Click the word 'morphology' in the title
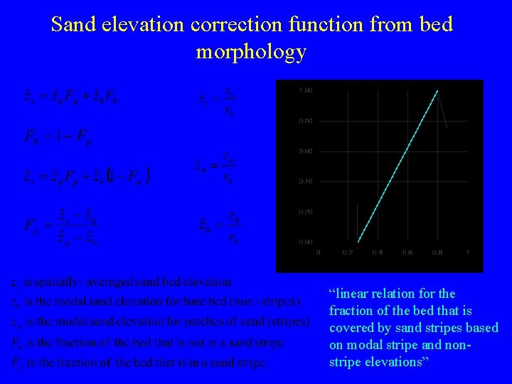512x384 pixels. (x=251, y=51)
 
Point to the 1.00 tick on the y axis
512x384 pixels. (x=305, y=90)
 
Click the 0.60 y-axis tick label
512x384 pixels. (x=305, y=151)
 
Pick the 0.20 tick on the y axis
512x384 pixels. (x=305, y=212)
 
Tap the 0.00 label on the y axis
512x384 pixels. (x=305, y=242)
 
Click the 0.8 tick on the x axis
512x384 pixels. (x=437, y=252)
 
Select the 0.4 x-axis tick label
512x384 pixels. (x=377, y=252)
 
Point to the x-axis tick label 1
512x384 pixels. (x=467, y=252)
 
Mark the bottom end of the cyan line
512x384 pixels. (x=357, y=242)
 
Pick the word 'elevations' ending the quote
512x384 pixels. (x=390, y=362)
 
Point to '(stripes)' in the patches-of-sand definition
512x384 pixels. (x=288, y=322)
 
